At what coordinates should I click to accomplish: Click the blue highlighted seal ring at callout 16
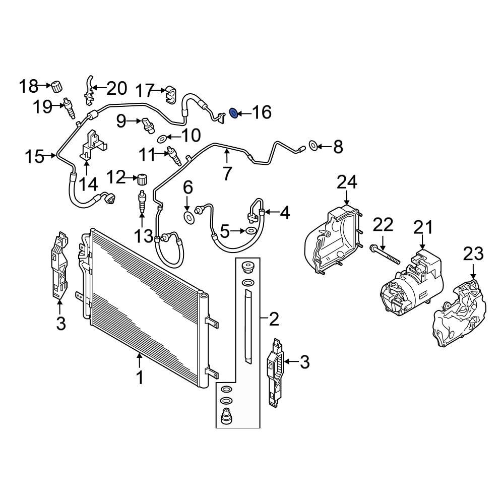(x=234, y=112)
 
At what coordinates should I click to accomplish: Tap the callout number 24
(x=347, y=182)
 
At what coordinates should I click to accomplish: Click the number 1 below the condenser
(x=140, y=377)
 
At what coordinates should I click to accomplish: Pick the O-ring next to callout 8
(x=312, y=147)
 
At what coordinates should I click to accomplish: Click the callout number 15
(x=35, y=157)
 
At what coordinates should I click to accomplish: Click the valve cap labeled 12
(x=142, y=178)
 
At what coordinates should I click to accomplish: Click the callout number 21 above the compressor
(x=423, y=227)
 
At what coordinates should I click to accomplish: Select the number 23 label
(x=473, y=255)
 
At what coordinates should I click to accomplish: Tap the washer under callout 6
(x=188, y=218)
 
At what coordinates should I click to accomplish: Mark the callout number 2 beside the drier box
(x=273, y=319)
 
